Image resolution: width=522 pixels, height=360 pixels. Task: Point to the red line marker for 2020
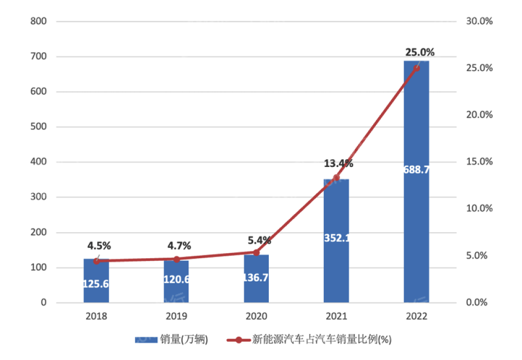click(256, 253)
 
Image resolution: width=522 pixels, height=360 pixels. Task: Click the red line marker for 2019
click(176, 259)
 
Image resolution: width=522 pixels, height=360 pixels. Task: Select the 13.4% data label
click(338, 164)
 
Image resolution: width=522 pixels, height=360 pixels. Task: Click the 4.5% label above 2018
click(99, 246)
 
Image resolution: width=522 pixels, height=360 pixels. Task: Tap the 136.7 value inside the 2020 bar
click(256, 278)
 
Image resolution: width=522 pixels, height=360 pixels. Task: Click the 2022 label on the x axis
click(416, 317)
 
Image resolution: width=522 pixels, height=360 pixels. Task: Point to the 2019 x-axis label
click(176, 317)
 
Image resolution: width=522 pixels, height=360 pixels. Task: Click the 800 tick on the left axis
click(39, 21)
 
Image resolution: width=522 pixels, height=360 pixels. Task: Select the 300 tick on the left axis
click(39, 197)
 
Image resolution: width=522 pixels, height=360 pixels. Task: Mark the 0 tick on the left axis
click(44, 303)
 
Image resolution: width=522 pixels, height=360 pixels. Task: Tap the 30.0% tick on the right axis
click(479, 21)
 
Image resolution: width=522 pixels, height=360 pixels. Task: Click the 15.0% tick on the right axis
click(479, 162)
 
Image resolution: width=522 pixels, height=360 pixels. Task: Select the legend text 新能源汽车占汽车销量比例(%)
click(322, 340)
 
